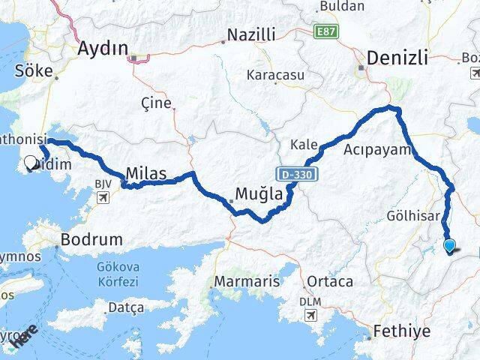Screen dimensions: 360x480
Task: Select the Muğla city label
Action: (258, 195)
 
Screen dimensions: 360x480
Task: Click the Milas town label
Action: (146, 172)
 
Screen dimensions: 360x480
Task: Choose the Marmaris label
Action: (247, 282)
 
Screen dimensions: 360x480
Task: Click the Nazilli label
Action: (251, 34)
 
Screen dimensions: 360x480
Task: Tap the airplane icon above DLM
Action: (309, 315)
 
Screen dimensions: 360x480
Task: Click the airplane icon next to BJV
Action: (103, 198)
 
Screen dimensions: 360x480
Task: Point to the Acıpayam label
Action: (379, 150)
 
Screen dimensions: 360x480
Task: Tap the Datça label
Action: (125, 307)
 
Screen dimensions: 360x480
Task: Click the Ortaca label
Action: (328, 282)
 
